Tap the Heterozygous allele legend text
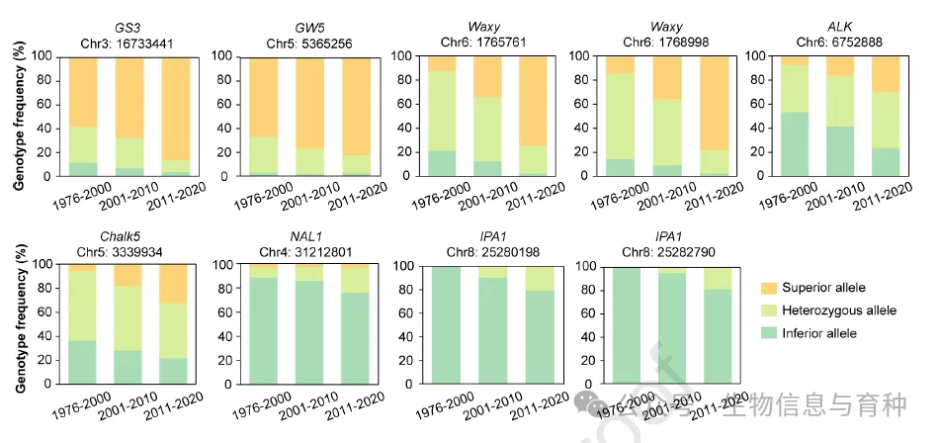point(839,310)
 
